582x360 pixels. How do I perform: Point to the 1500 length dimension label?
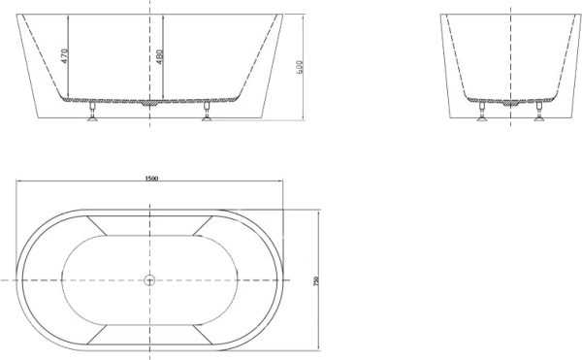(150, 179)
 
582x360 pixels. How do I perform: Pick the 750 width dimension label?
(317, 279)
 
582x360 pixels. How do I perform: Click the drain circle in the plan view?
(150, 280)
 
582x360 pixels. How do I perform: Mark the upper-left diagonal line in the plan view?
(98, 224)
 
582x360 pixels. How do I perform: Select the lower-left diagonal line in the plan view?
(98, 336)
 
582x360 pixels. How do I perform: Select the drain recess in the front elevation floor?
(150, 102)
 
